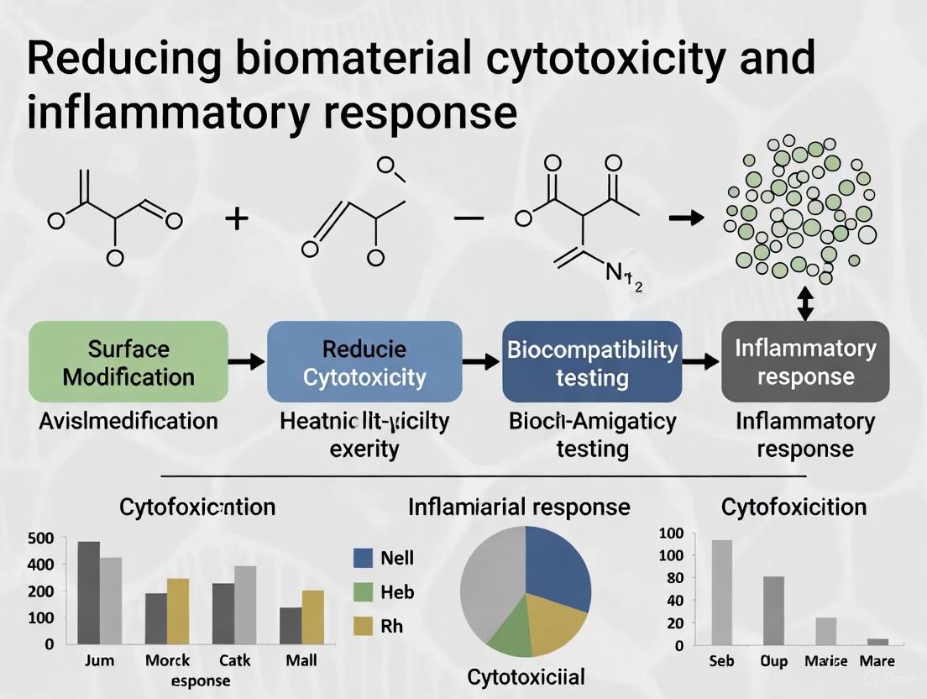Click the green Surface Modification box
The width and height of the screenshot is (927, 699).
128,361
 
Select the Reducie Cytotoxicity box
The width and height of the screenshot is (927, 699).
364,361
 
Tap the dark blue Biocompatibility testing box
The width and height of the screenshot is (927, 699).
592,361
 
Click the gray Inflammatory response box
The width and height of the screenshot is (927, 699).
805,361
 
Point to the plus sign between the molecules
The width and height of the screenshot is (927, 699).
238,219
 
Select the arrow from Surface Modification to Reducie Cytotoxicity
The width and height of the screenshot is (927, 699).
247,362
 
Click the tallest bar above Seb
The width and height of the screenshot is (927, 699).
721,591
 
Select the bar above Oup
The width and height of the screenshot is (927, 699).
773,610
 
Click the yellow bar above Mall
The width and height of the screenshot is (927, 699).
313,617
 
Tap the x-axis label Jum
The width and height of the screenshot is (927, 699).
99,660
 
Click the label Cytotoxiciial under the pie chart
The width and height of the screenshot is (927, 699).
526,676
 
